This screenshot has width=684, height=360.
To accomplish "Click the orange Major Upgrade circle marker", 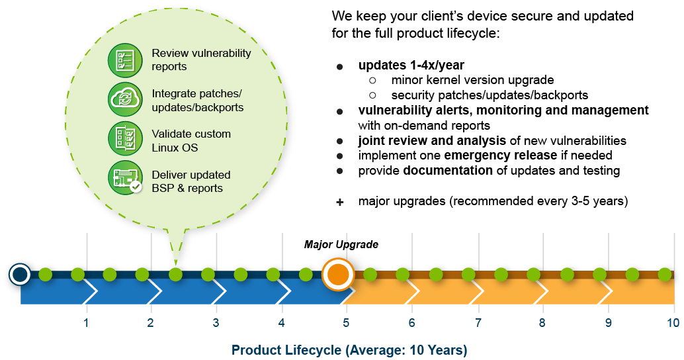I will [338, 275].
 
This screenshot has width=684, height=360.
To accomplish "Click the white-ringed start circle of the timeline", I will [21, 274].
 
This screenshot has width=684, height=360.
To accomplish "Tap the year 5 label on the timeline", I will [345, 323].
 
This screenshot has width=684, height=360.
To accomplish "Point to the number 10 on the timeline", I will [672, 323].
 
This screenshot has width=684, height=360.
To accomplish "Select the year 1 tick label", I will [86, 323].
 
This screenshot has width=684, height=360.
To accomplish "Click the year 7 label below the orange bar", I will [478, 323].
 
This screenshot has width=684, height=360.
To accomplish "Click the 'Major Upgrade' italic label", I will [341, 245].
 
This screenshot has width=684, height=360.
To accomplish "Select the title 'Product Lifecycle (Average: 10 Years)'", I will [349, 349].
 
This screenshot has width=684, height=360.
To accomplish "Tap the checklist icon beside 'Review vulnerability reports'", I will [125, 60].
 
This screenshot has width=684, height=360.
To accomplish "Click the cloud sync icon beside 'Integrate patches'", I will [125, 99].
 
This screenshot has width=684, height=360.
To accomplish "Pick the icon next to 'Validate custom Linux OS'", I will [125, 140].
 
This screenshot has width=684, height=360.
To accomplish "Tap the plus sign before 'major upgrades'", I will [340, 202].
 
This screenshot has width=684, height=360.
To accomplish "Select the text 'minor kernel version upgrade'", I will [472, 80].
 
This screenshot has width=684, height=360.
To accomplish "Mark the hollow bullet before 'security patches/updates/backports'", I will [373, 95].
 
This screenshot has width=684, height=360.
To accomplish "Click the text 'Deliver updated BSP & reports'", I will [191, 181].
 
